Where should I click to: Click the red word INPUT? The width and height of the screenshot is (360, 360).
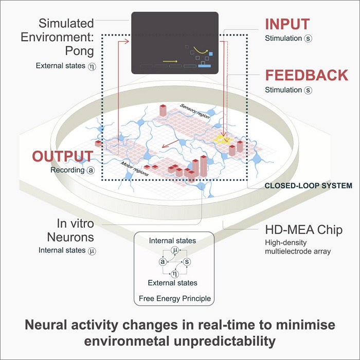point(287,24)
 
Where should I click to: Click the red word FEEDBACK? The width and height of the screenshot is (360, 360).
point(307,75)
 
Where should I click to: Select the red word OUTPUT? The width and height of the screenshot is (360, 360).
point(63,156)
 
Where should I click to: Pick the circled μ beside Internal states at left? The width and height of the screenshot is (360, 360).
point(93,251)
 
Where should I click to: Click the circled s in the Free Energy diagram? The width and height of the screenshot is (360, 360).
point(187,262)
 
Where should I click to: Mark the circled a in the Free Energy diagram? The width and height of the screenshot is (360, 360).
point(163,262)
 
